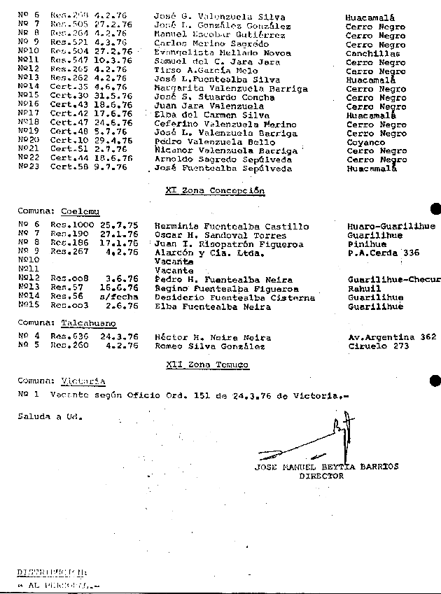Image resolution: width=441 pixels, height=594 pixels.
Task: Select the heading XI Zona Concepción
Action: pos(215,190)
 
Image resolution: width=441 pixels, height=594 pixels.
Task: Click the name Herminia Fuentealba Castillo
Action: pos(231,227)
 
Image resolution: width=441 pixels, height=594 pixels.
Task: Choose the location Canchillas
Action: pos(372,53)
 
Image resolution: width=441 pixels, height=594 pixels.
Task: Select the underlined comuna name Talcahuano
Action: pos(88,323)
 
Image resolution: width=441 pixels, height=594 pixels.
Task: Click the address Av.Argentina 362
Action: pos(391,337)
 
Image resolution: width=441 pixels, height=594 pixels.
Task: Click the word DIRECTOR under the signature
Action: pos(321,476)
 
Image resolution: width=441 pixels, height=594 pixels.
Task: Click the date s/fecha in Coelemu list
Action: pos(123,297)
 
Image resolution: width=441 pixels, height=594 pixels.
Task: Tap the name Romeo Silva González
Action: pos(209,346)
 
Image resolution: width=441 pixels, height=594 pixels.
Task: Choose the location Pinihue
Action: pos(366,244)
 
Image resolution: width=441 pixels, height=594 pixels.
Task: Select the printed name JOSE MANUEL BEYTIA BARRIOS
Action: pos(326,467)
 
